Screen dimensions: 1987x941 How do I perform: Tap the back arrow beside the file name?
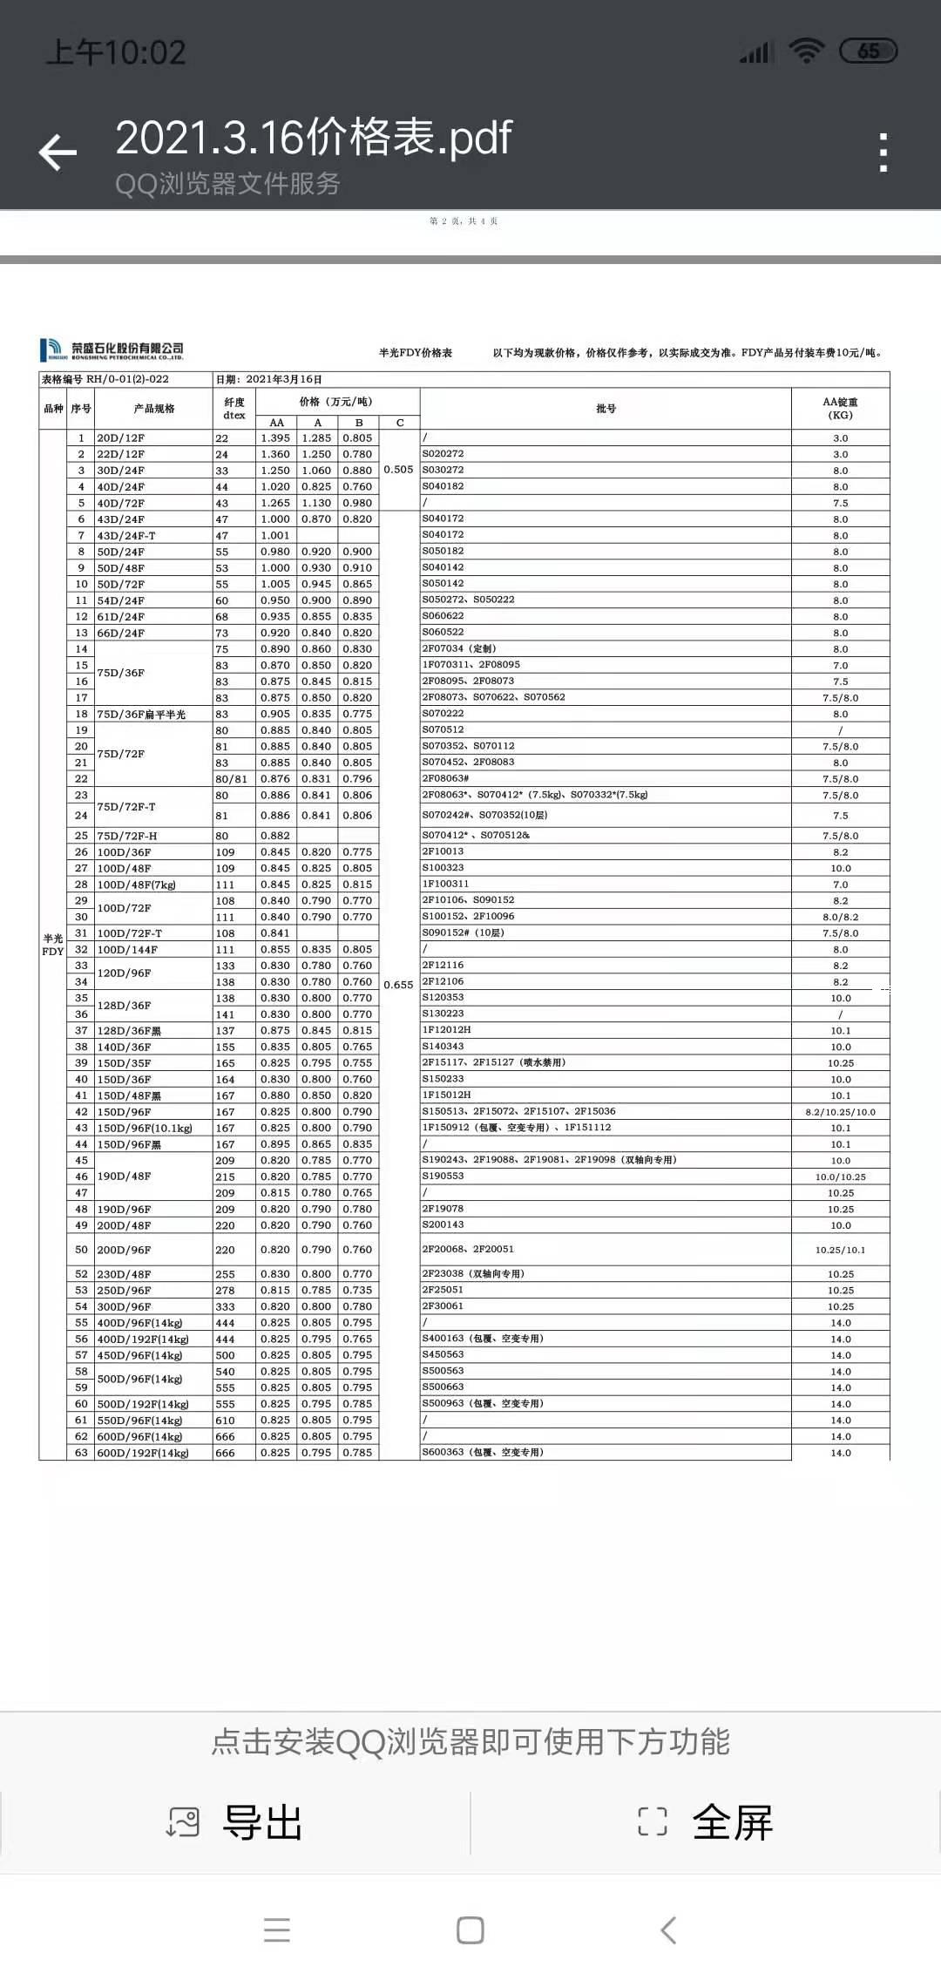58,153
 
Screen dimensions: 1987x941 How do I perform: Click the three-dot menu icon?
883,153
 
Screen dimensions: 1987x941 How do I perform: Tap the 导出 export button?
235,1822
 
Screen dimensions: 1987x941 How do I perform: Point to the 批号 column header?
606,409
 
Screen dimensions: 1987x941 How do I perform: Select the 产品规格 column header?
154,409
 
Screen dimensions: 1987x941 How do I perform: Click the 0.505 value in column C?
398,470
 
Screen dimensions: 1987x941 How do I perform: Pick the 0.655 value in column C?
398,985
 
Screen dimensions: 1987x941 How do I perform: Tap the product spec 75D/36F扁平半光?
141,715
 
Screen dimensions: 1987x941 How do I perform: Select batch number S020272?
443,454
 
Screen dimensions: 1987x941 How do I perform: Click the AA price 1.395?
275,438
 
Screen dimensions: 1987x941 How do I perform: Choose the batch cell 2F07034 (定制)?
459,649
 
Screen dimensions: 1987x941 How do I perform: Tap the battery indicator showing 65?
868,51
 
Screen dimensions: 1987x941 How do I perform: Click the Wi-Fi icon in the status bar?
807,51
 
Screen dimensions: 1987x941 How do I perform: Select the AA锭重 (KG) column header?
840,409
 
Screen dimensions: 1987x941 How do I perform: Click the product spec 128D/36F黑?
129,1031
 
